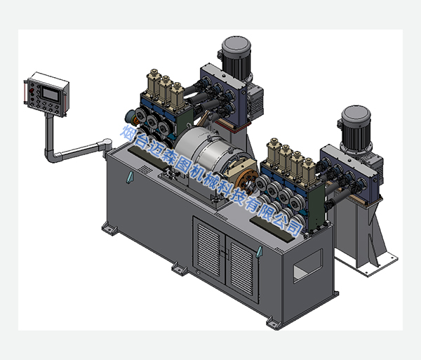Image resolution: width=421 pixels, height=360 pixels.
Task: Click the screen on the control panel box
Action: (51, 94)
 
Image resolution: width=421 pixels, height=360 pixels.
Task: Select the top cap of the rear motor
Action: (236, 46)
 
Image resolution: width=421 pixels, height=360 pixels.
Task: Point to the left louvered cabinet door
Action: (209, 251)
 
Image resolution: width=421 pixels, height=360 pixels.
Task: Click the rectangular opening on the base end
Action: (308, 266)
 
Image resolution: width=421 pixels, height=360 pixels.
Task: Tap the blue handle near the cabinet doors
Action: (259, 253)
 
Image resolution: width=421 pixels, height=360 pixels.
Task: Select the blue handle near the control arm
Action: (129, 177)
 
